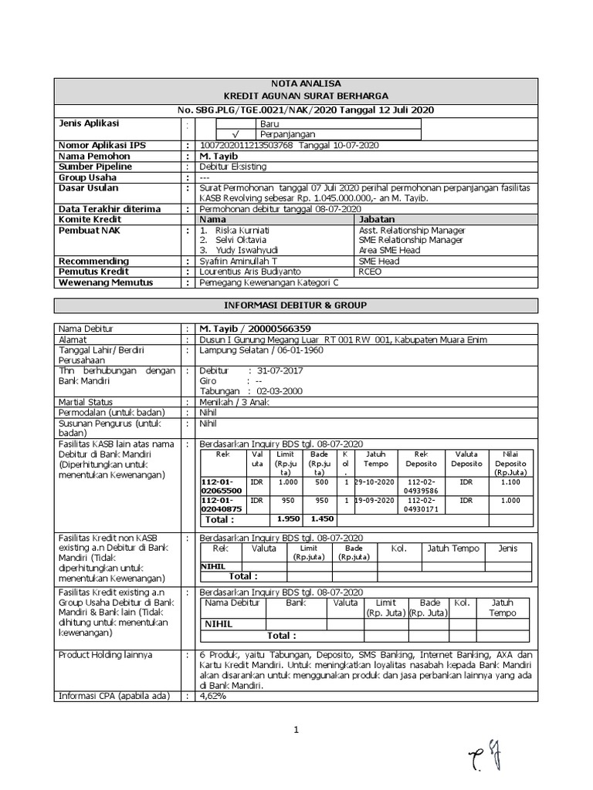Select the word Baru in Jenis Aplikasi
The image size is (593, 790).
tap(270, 123)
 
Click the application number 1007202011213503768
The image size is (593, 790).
tap(246, 145)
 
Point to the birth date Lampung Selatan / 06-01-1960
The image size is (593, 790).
tap(261, 349)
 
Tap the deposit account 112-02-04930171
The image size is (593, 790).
tap(421, 505)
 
